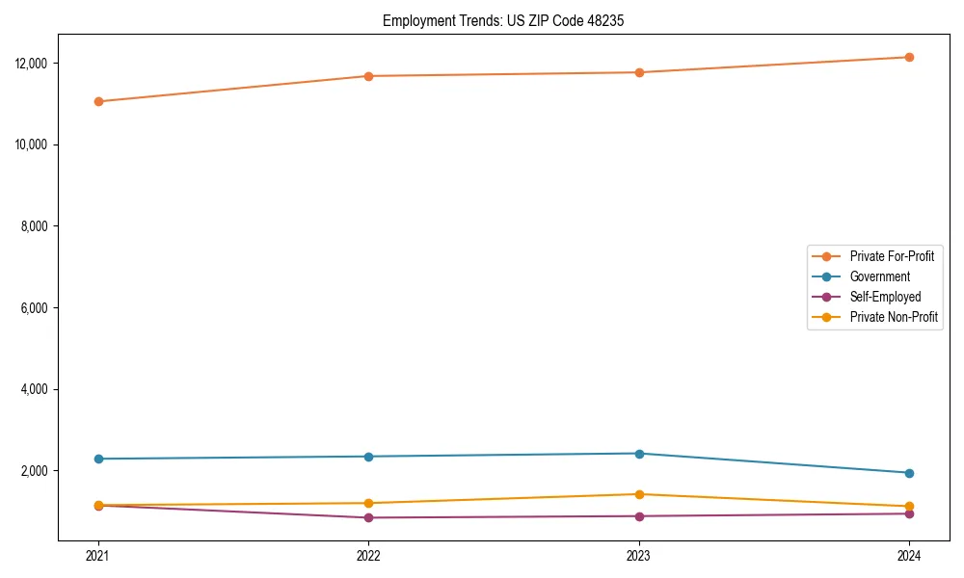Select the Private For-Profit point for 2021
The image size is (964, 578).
click(98, 101)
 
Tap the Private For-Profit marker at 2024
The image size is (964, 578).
click(909, 57)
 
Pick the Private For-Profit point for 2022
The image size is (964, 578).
click(368, 76)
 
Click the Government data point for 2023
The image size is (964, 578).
click(639, 454)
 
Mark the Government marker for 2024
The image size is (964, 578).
click(909, 473)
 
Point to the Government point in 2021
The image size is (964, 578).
click(98, 459)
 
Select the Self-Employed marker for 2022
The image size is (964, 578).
click(368, 517)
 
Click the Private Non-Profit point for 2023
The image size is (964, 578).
click(639, 494)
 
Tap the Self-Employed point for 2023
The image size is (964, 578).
click(639, 516)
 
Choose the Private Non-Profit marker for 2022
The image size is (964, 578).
click(368, 503)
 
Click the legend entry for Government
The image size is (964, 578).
click(879, 276)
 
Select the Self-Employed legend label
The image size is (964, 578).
click(885, 297)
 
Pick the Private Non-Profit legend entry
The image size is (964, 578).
click(894, 317)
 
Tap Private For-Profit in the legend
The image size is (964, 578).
click(892, 256)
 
